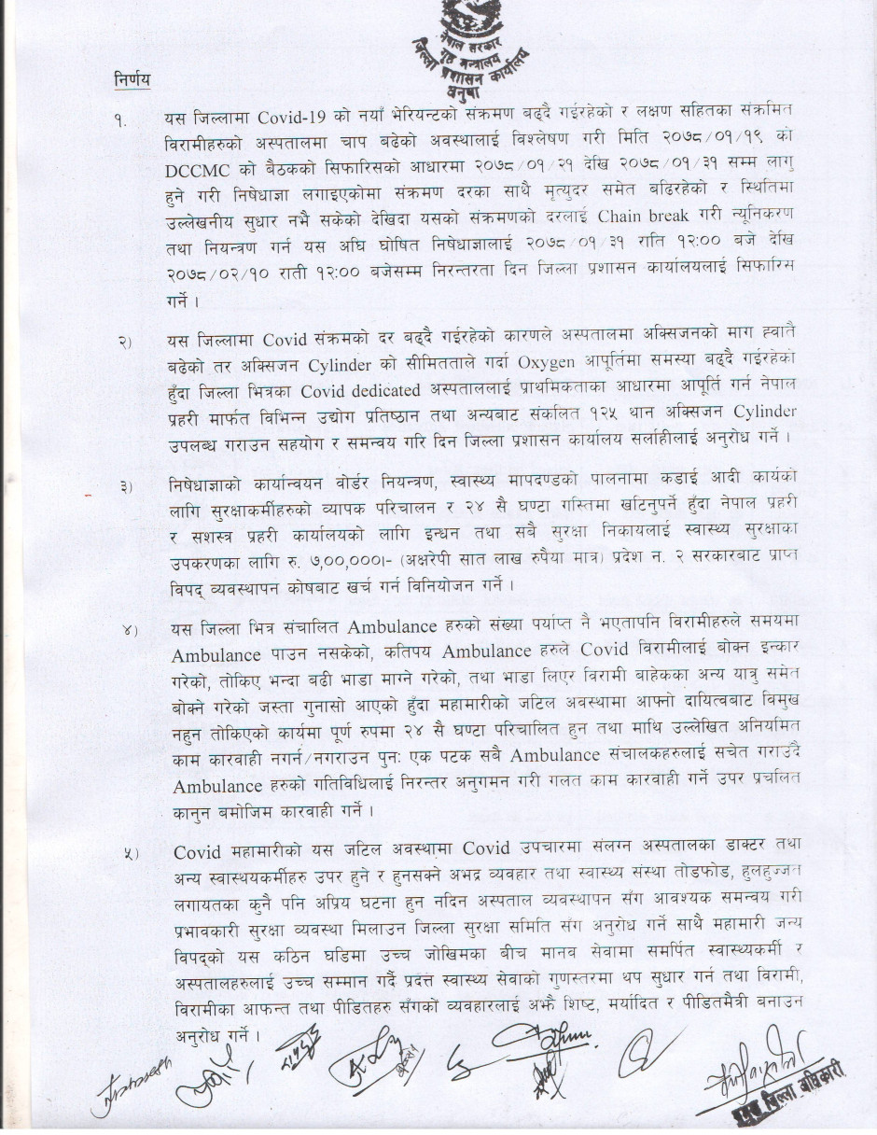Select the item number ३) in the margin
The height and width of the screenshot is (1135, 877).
click(126, 486)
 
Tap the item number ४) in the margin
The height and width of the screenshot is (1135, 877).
click(128, 630)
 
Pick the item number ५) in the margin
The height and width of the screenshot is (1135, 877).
click(132, 852)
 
